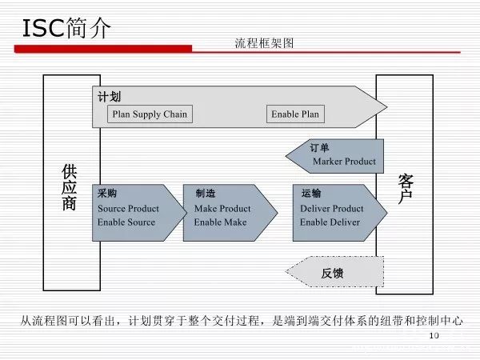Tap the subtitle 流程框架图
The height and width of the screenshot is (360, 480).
264,43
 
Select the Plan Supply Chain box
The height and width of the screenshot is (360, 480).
150,114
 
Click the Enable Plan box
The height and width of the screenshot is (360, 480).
295,114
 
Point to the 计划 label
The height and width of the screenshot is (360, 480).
109,97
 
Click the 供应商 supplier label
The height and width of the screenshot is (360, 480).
70,187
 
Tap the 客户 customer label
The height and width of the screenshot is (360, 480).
405,186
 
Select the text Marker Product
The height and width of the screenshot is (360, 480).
344,162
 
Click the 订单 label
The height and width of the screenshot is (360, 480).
319,148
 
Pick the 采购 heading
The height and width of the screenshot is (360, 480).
107,194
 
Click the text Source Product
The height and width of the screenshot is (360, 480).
128,209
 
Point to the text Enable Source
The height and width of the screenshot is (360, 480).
126,222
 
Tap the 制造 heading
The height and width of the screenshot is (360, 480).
206,194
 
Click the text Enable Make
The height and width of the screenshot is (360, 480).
220,222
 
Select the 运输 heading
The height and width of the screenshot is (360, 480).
311,194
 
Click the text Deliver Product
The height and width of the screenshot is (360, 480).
331,209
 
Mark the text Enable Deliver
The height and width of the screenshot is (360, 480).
330,222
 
